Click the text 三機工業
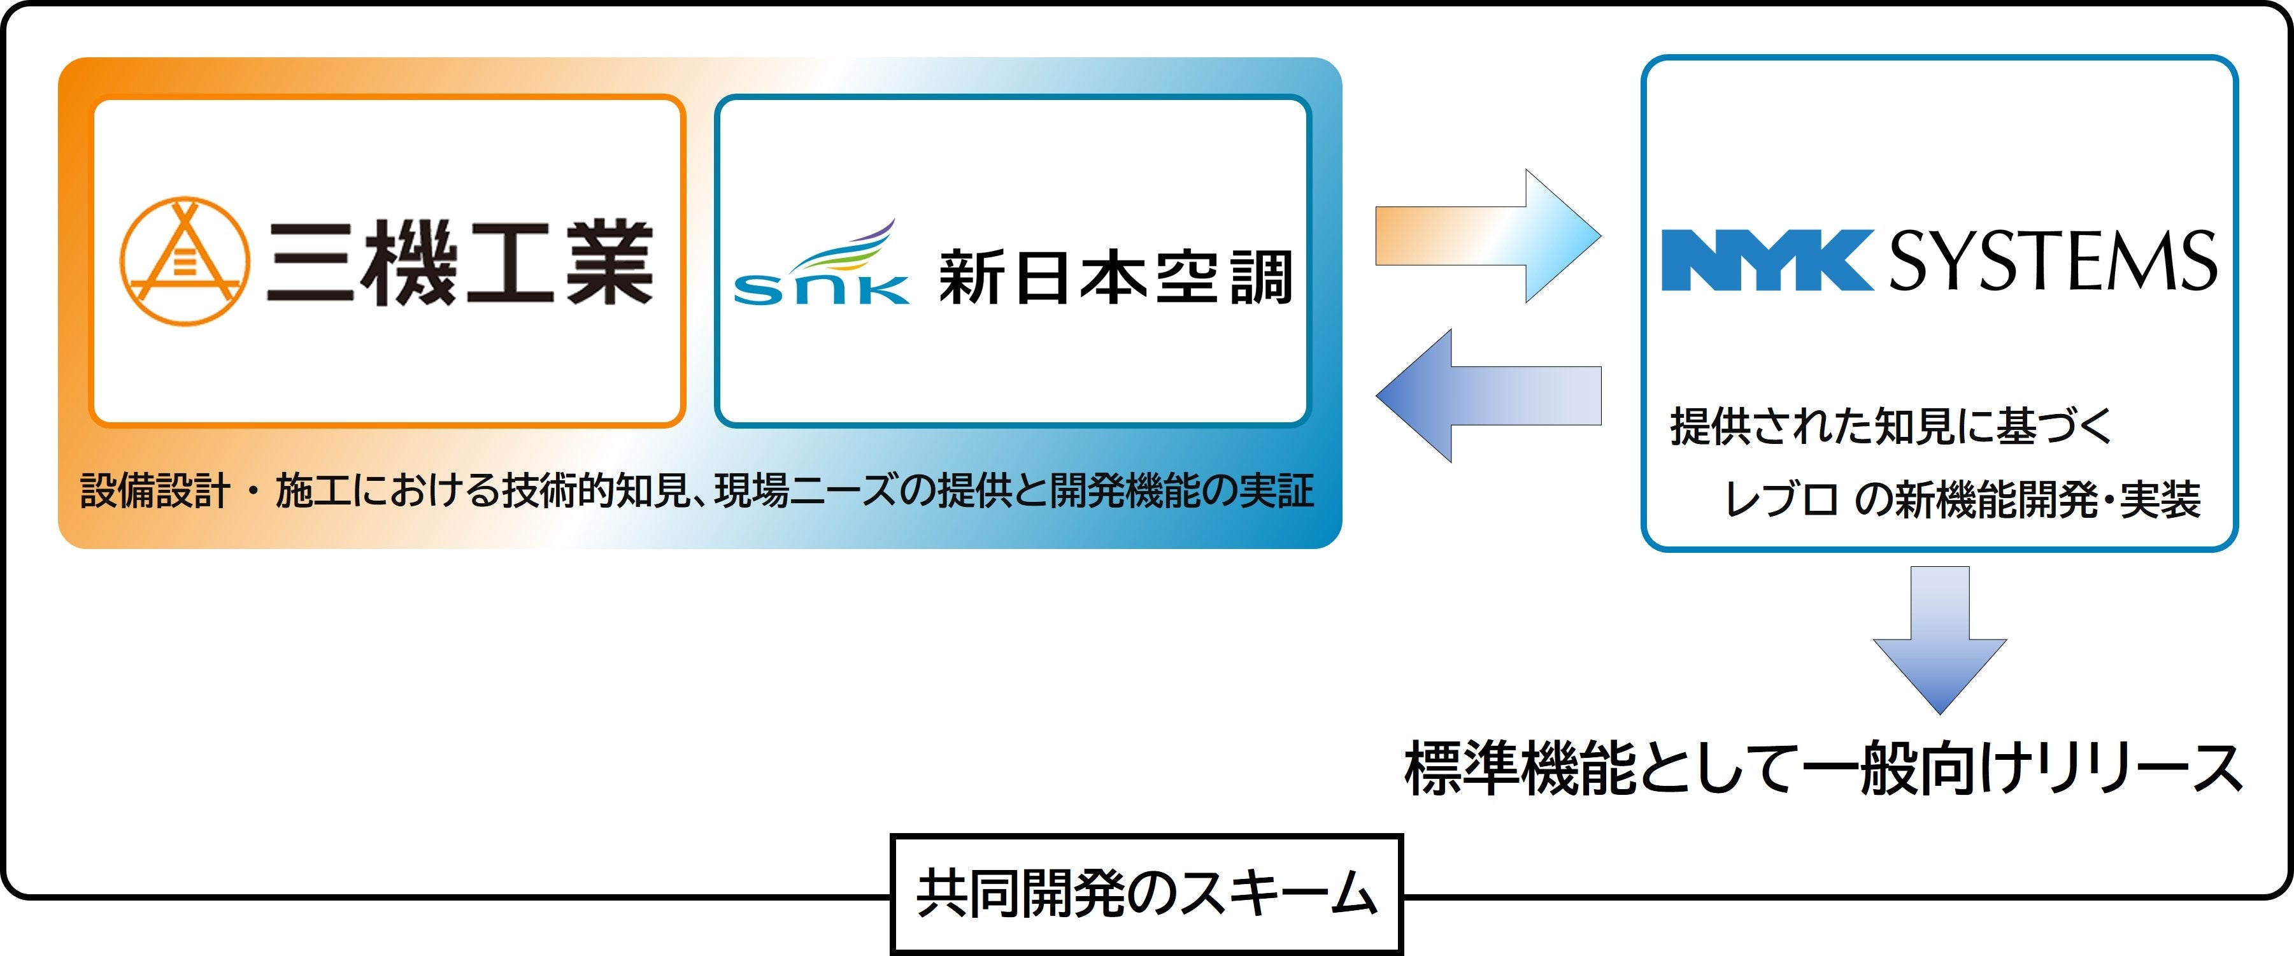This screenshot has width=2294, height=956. coord(460,263)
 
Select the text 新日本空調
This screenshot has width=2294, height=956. coord(1116,278)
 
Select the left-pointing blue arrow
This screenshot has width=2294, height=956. coord(1488,396)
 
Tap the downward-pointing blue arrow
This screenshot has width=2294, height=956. coord(1939,639)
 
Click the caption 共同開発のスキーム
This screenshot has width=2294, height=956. coord(1147,894)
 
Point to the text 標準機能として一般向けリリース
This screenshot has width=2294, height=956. coord(1823,768)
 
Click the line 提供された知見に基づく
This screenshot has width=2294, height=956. coord(1891,426)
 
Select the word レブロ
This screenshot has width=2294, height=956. coord(1781,499)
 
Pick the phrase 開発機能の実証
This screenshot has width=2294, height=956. coord(1182,491)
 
